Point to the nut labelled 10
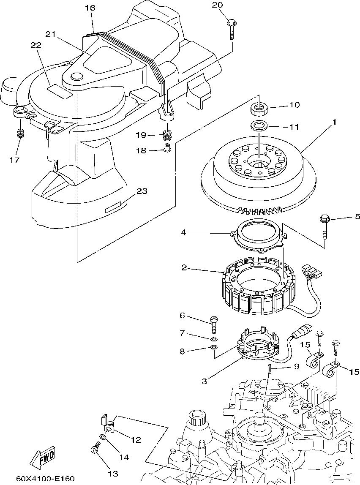(x=259, y=108)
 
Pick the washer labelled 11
(x=259, y=126)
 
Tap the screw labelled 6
(x=213, y=324)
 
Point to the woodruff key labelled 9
(x=269, y=369)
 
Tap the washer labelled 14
(x=103, y=438)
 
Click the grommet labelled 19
(x=167, y=136)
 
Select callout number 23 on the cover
(x=142, y=191)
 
